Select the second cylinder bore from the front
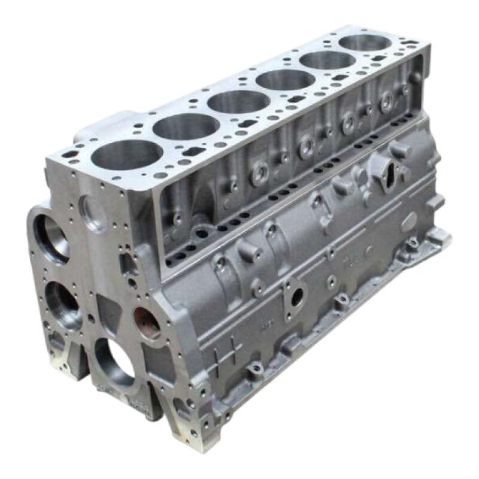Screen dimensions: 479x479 pyautogui.click(x=186, y=127)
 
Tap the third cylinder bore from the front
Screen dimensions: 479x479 pyautogui.click(x=238, y=102)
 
